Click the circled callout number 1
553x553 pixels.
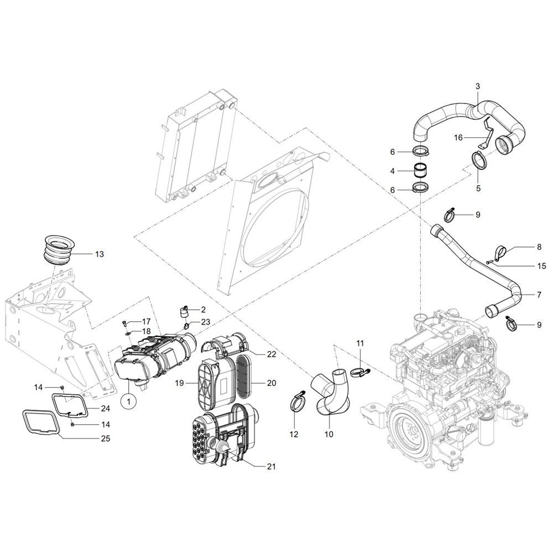coord(129,401)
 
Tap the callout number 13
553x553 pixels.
coord(100,254)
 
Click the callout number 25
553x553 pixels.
coord(105,439)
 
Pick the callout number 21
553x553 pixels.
coord(271,467)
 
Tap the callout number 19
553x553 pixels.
coord(180,383)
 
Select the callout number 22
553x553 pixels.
coord(271,354)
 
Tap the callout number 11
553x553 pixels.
coord(360,343)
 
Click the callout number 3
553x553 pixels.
coord(478,86)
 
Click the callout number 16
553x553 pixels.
coord(458,137)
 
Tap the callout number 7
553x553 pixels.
coord(539,295)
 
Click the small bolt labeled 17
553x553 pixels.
coord(124,323)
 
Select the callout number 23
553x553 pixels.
coord(206,322)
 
